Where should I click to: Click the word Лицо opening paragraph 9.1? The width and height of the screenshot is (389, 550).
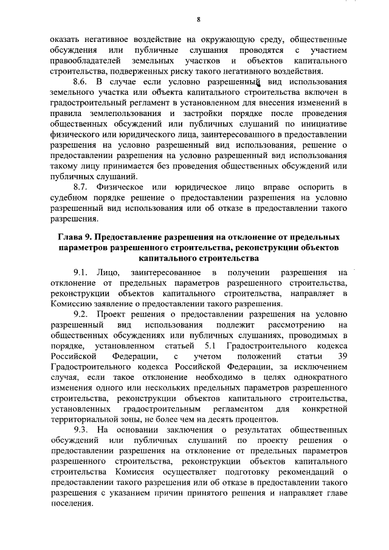[x=115, y=272]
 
